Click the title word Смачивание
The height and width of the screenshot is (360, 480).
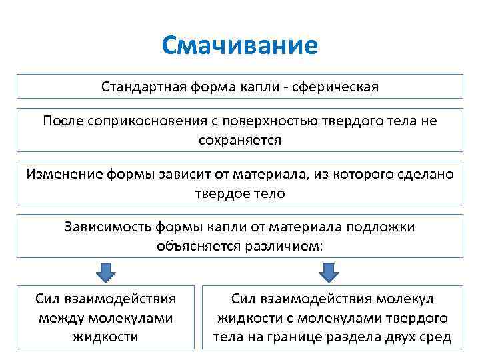pos(240,47)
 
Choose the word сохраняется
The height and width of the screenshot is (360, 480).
pos(240,139)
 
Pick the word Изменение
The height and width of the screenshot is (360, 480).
pos(64,174)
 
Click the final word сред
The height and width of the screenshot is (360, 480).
pos(437,337)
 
